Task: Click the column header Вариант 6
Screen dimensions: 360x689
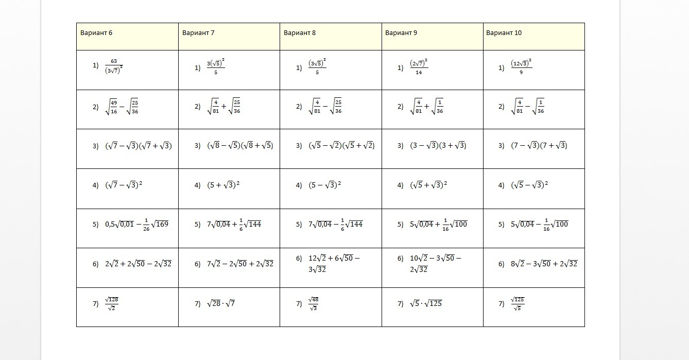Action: (x=96, y=33)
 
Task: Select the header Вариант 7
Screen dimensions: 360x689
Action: (x=198, y=33)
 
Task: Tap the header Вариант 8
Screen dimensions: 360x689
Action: (x=300, y=33)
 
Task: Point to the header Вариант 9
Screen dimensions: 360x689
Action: (x=401, y=33)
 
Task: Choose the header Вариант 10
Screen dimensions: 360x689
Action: (x=504, y=33)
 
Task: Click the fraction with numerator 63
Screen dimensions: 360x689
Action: (x=113, y=66)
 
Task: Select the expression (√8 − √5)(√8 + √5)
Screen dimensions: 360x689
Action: (x=240, y=146)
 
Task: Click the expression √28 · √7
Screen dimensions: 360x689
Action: (x=221, y=303)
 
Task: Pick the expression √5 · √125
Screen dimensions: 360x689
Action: (x=426, y=303)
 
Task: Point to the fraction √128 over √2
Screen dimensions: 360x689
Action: (x=111, y=303)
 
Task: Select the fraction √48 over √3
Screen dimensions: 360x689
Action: (x=313, y=303)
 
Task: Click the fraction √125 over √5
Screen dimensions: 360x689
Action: (x=517, y=303)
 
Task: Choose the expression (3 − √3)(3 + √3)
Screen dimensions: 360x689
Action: (x=438, y=146)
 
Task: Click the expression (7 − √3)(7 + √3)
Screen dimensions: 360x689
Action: (x=539, y=146)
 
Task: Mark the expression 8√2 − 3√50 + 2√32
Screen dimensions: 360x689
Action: (x=544, y=264)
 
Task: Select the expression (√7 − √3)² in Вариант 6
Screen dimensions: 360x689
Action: (x=124, y=185)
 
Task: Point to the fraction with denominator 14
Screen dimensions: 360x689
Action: (x=419, y=66)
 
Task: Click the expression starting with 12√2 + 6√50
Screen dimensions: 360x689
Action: (x=334, y=263)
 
